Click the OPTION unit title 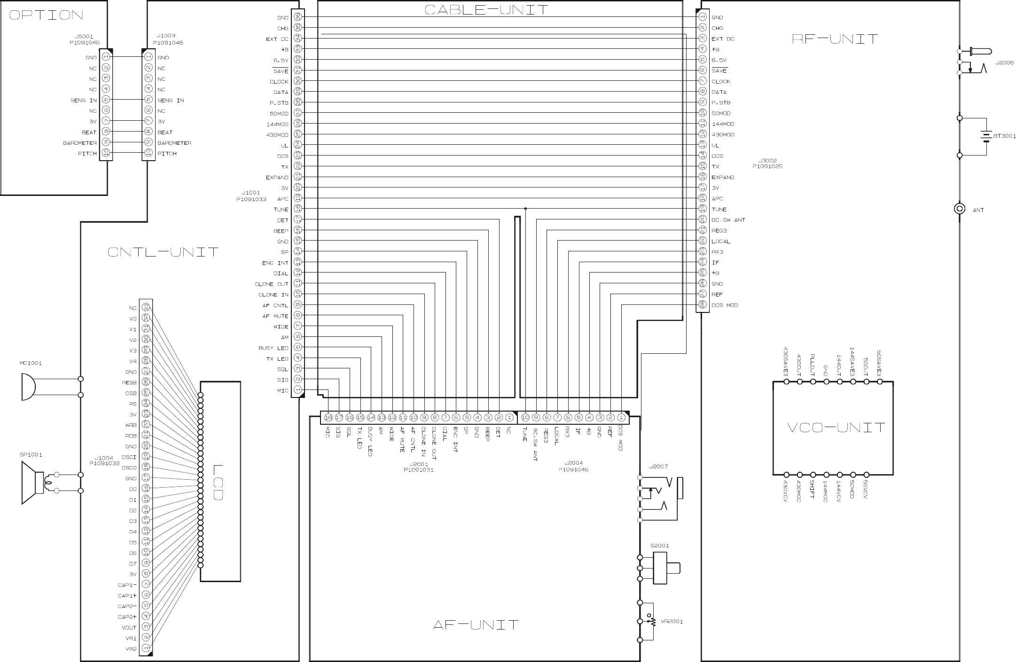click(x=46, y=15)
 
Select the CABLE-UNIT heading click(x=486, y=9)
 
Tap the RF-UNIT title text click(x=835, y=39)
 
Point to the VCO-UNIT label click(x=836, y=428)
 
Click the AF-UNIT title click(x=475, y=625)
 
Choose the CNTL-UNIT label click(x=163, y=252)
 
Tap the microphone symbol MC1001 click(x=28, y=387)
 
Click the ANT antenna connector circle click(x=960, y=209)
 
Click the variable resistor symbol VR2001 click(x=651, y=621)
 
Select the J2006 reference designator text click(x=1004, y=62)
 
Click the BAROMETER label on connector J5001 click(x=79, y=143)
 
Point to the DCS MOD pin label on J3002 click(x=725, y=305)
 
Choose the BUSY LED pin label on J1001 click(x=273, y=348)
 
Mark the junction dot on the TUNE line click(x=525, y=209)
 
